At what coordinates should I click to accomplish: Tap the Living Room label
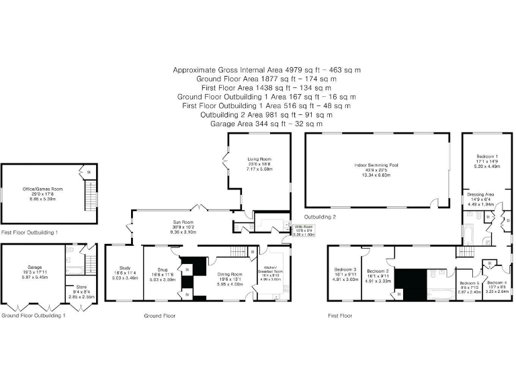point(259,159)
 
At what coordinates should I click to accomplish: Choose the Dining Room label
point(228,273)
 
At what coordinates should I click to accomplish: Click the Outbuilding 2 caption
point(320,217)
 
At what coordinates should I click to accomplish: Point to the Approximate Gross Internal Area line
point(267,70)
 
